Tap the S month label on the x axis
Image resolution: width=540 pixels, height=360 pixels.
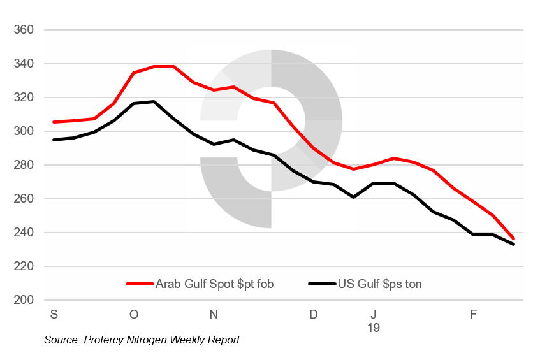click(x=54, y=314)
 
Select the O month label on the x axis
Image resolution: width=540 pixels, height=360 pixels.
click(x=133, y=314)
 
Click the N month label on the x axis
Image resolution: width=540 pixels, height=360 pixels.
click(x=214, y=314)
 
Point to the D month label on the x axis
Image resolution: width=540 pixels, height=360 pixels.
click(x=313, y=314)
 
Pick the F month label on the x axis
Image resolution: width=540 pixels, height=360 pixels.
click(x=473, y=314)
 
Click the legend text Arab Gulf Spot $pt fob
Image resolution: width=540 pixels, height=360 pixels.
click(x=214, y=284)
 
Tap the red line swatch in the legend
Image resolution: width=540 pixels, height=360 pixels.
click(x=140, y=284)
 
